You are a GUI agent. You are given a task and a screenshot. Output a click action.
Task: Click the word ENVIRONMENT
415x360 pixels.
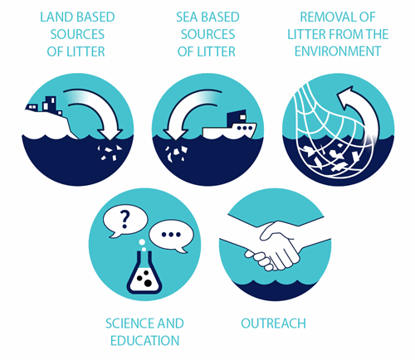338,51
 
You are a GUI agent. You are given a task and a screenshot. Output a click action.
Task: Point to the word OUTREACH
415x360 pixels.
273,324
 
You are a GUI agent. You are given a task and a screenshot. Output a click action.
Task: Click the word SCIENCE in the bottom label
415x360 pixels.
125,324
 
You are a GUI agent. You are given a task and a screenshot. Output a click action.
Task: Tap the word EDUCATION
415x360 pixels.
144,341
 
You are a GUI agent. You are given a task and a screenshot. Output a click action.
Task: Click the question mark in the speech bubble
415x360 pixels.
124,219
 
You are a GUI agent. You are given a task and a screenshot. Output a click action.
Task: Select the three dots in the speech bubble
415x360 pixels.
171,235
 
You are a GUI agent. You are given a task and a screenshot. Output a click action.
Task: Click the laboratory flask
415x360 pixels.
144,274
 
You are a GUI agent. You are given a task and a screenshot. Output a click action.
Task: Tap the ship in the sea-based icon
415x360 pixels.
230,124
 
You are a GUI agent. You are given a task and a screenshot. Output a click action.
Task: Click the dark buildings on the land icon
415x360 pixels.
45,105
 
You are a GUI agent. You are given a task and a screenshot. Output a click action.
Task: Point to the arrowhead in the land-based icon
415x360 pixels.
110,134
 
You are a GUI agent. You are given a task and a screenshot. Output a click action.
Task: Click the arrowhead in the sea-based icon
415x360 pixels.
175,134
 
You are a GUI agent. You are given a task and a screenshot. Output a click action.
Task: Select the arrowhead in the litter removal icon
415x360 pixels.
345,98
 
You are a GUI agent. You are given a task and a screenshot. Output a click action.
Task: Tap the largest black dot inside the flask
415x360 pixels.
149,283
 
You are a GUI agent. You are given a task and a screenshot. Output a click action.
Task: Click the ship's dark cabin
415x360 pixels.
237,117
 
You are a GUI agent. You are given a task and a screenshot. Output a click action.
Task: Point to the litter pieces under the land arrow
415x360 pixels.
110,153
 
